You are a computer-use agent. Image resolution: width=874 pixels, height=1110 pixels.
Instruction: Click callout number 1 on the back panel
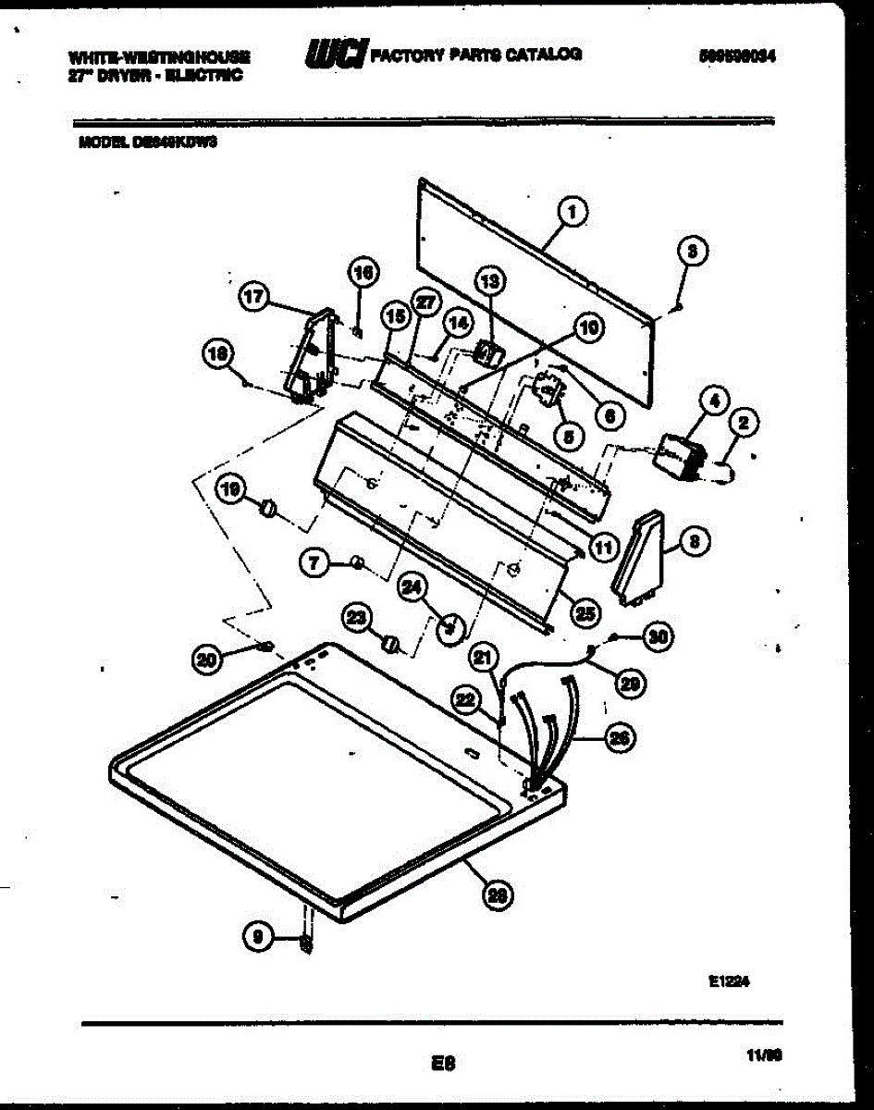pos(572,214)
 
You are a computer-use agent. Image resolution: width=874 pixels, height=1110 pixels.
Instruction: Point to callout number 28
pos(498,894)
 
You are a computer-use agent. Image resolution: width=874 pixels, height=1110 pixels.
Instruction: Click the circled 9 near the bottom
pos(257,938)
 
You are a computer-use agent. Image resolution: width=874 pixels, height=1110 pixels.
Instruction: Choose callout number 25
pos(585,611)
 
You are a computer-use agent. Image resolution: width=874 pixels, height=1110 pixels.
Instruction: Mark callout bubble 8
pos(695,543)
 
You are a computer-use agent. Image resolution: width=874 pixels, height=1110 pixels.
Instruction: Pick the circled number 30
pos(658,635)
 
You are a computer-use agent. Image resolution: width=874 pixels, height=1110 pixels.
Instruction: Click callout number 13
pos(490,280)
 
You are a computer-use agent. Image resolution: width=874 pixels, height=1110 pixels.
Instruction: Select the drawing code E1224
pos(727,984)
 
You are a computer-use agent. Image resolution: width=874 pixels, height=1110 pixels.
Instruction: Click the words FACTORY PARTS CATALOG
pos(476,55)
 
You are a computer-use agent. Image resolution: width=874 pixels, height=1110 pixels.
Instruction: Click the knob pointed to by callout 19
pos(268,508)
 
